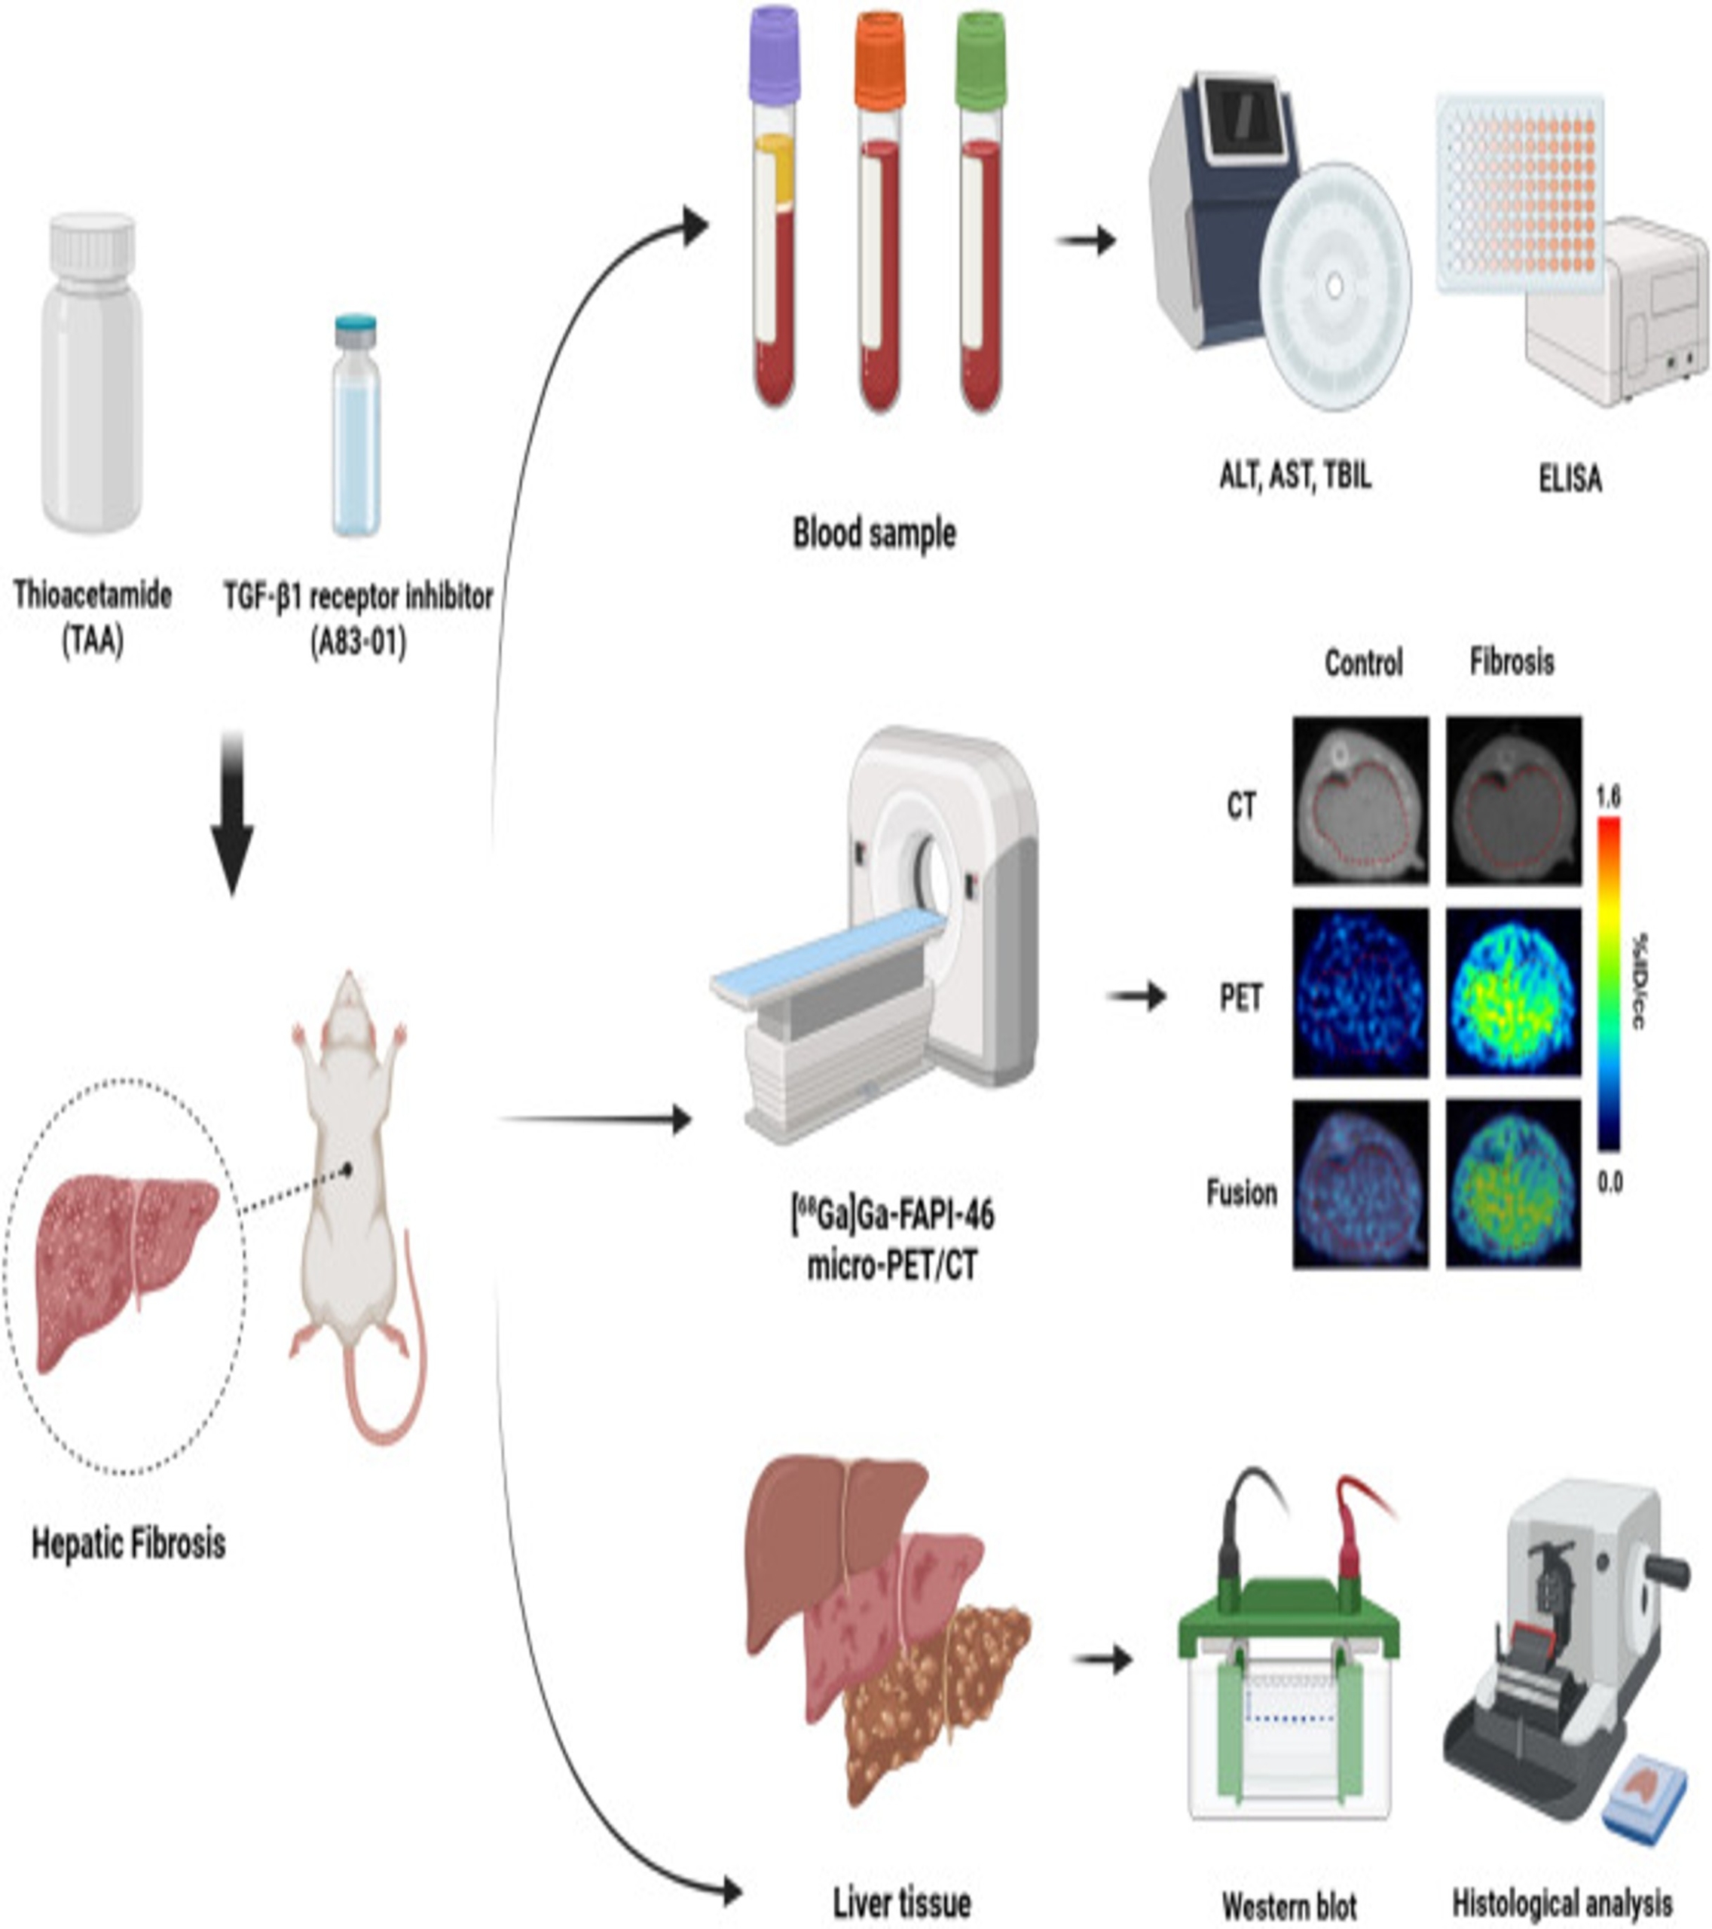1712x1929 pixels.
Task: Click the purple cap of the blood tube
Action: [775, 55]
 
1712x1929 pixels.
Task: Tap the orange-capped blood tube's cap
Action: [879, 60]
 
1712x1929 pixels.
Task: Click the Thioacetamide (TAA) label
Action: [93, 619]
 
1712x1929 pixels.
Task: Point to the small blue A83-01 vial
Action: [356, 426]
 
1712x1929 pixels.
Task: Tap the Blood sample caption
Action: [874, 533]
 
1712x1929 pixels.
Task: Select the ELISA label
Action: [1570, 479]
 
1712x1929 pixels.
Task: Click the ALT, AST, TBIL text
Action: [1295, 475]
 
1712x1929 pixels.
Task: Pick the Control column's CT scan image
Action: [1360, 800]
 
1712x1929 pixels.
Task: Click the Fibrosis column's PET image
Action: [1513, 993]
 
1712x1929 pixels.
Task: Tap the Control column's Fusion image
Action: [1360, 1184]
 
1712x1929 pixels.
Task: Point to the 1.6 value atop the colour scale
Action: [1608, 796]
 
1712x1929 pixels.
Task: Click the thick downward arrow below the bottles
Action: [231, 812]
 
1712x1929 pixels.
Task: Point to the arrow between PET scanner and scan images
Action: [1136, 995]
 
